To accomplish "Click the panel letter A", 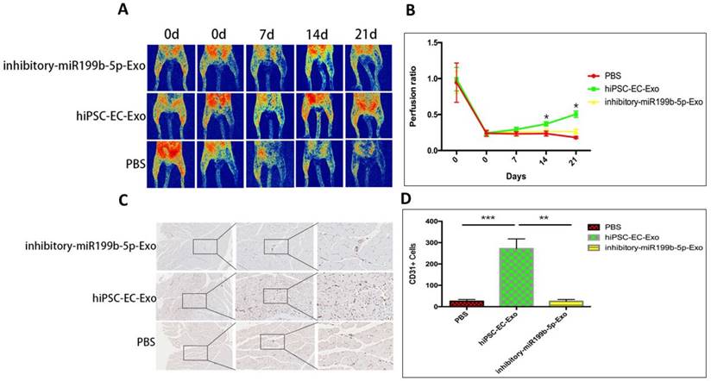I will (x=123, y=10).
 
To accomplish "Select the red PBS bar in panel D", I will (x=466, y=303).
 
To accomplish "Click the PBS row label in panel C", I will (x=143, y=341).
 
